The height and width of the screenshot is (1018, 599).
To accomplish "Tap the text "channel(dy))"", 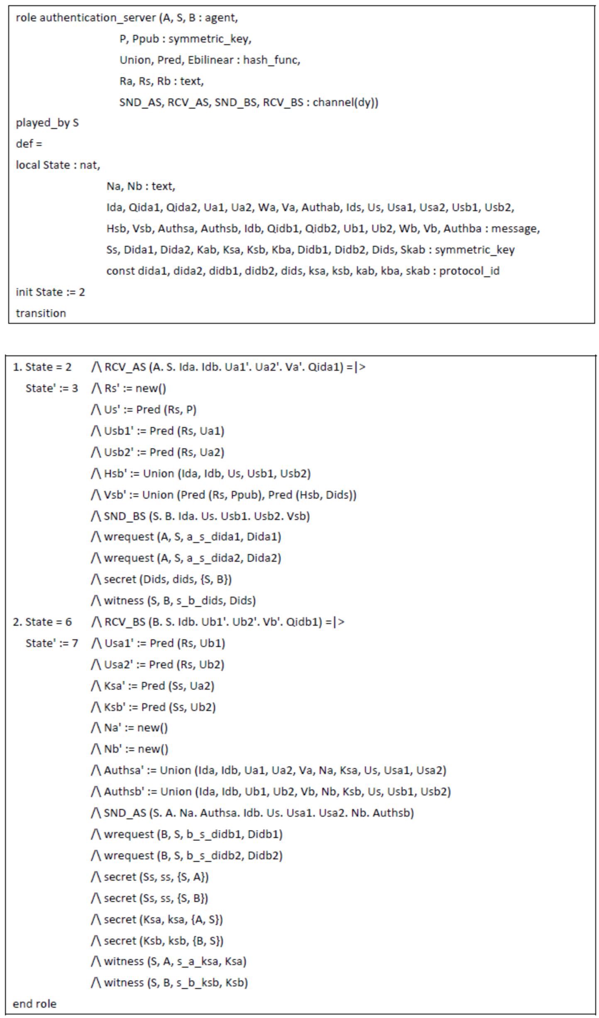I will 345,102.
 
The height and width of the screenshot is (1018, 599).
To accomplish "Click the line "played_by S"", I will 47,123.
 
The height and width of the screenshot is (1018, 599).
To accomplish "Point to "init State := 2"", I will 50,292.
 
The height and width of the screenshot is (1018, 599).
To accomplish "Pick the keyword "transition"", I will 41,313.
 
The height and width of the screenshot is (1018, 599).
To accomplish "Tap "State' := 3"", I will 51,388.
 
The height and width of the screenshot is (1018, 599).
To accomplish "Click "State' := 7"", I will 51,643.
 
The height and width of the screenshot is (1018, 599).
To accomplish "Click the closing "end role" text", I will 34,1004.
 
